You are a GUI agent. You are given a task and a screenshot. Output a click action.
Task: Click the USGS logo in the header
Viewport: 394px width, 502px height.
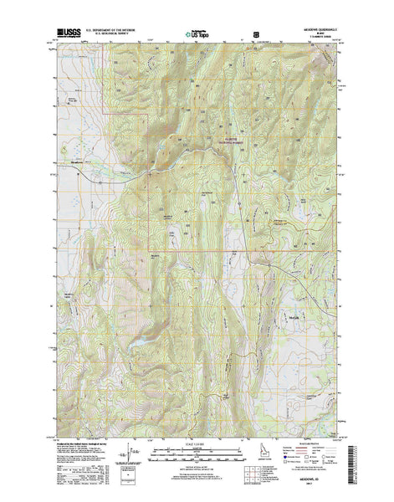(67, 33)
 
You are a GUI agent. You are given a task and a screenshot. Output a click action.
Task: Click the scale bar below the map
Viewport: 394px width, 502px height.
(197, 452)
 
